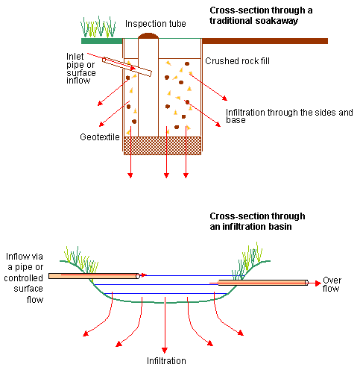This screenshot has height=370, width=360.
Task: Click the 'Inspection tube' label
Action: click(156, 24)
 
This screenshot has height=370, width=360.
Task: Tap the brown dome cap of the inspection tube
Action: click(148, 36)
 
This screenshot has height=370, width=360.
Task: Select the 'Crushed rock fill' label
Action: click(237, 61)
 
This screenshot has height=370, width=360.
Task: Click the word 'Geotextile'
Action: click(100, 137)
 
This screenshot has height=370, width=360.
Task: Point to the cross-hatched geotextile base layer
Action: click(162, 145)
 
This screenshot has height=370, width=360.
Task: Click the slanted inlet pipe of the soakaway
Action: click(127, 66)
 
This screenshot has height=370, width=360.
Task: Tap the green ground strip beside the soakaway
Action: click(102, 41)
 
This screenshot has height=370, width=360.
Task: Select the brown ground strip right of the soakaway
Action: click(265, 41)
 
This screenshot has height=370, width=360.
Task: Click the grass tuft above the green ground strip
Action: click(98, 27)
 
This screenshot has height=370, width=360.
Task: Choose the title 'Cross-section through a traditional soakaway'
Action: click(261, 16)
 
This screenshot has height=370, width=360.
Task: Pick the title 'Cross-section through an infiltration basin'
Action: click(257, 222)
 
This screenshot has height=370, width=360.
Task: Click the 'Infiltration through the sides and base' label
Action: click(289, 116)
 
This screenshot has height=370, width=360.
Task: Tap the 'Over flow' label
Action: click(332, 284)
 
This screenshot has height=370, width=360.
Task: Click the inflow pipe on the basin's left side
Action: click(94, 276)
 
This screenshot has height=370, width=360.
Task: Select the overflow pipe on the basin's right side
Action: click(263, 283)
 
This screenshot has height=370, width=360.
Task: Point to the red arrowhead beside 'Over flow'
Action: click(318, 283)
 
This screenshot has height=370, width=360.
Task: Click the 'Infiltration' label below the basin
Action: click(166, 361)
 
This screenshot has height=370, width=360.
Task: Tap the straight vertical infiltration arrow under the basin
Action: click(165, 324)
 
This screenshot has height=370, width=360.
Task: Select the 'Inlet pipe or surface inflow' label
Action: click(81, 69)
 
